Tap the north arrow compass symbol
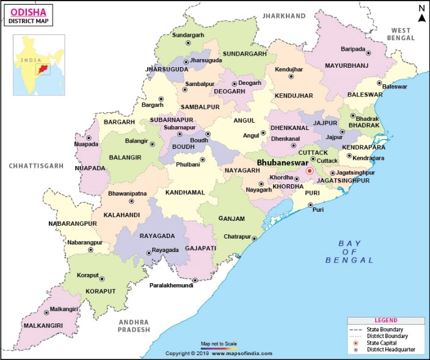421,13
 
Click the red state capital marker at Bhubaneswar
310,172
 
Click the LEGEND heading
385,320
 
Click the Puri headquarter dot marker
310,205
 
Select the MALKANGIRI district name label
42,326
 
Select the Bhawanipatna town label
128,193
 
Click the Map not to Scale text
219,344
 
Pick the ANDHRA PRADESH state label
133,325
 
